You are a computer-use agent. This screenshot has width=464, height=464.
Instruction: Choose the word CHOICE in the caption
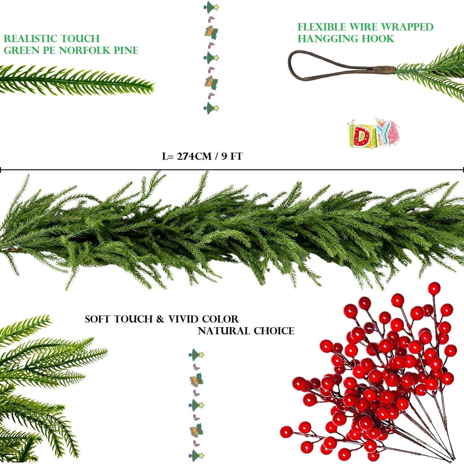274,331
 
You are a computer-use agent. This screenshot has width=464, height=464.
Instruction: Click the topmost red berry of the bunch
434,288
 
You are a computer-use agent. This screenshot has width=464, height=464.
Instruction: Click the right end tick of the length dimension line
463,170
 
